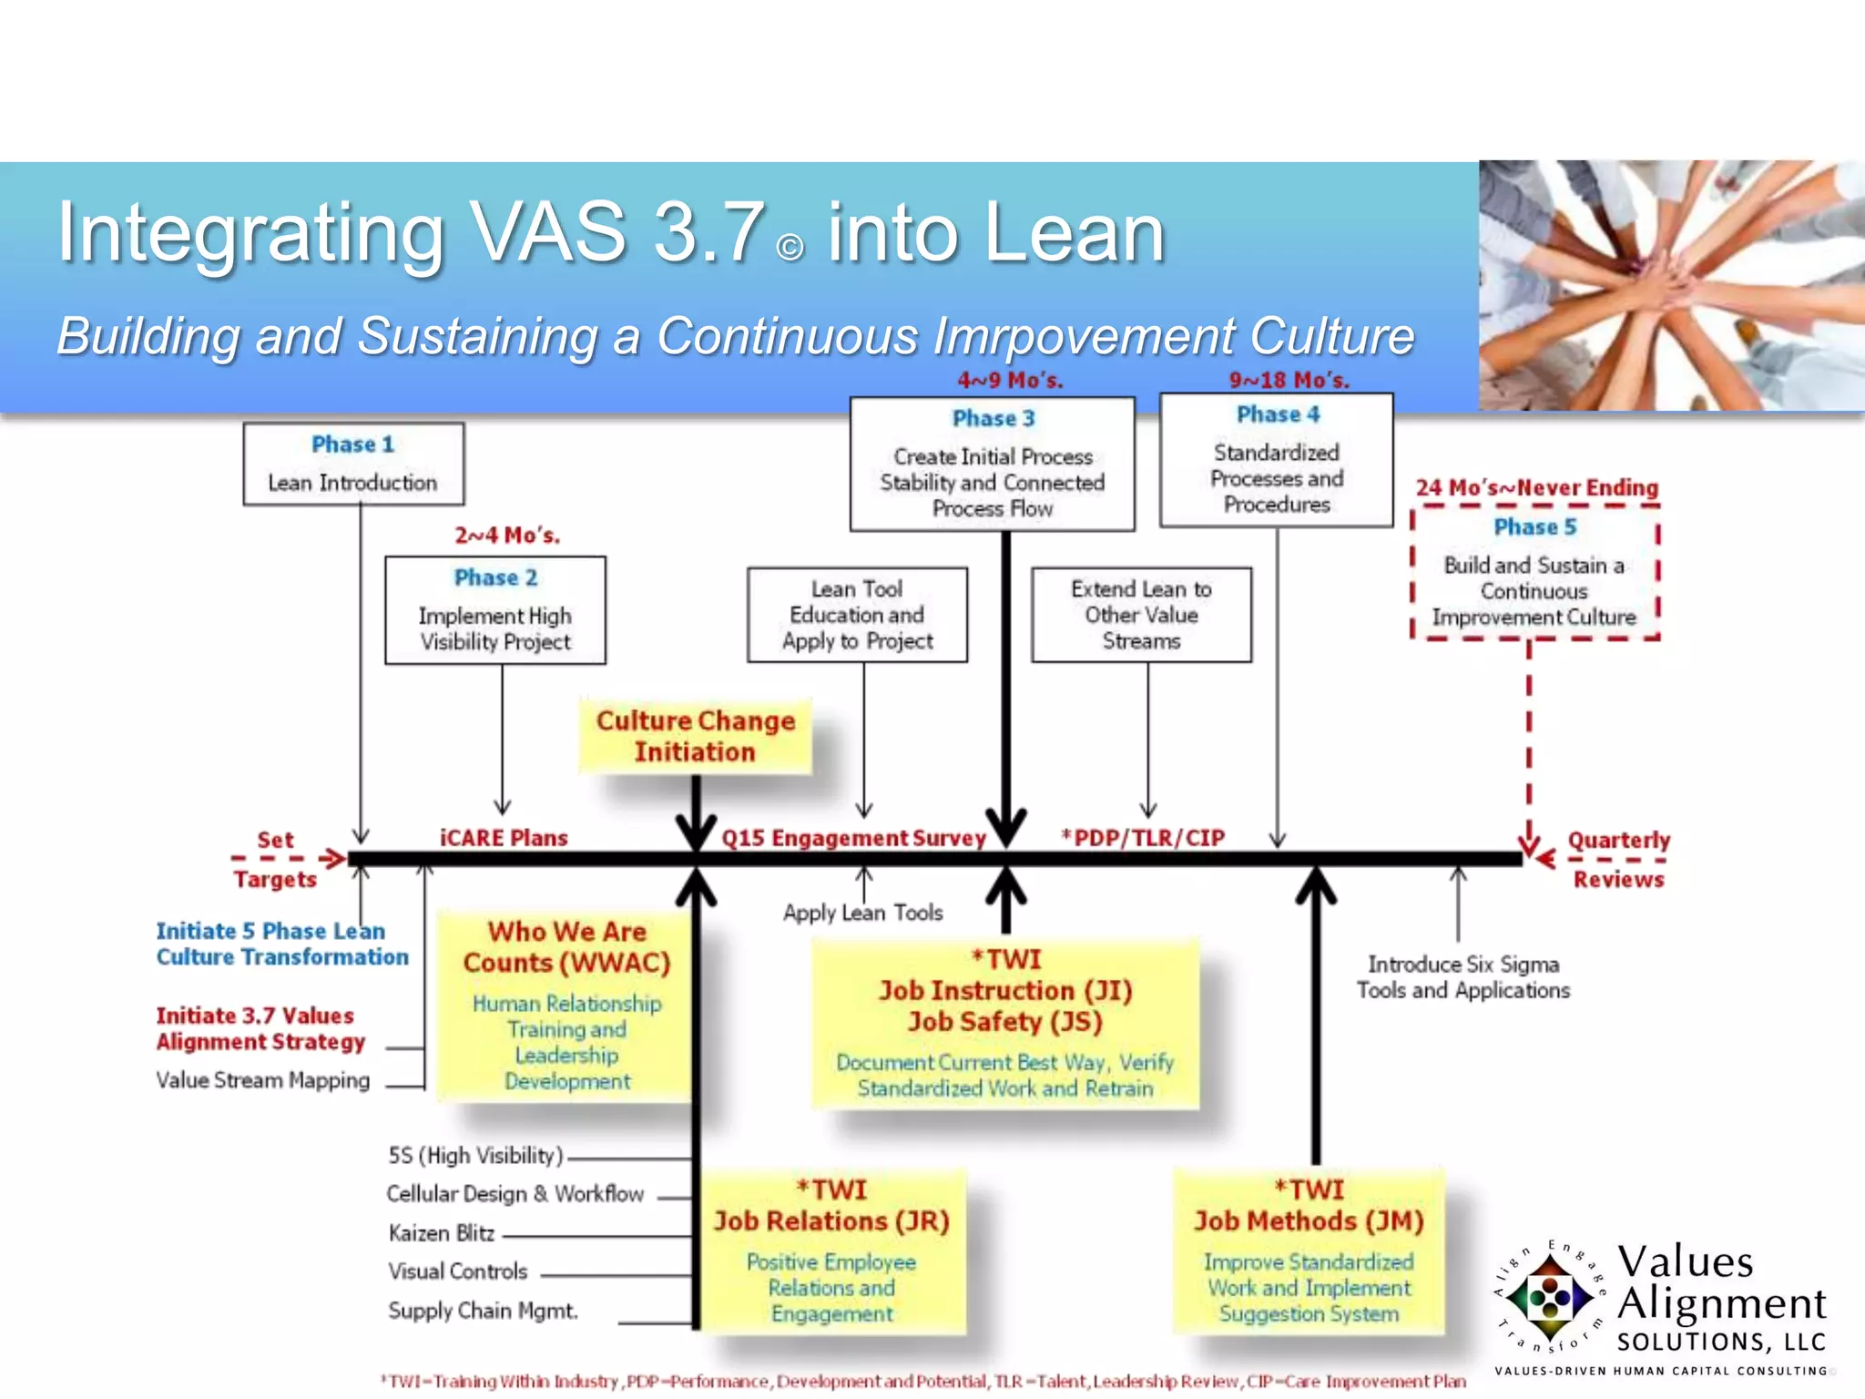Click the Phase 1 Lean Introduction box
pos(353,464)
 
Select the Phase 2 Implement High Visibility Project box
pos(494,610)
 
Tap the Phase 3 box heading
pos(994,418)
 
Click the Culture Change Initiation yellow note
pos(695,736)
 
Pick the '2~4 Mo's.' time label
pos(507,536)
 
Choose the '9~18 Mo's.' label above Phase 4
pos(1289,381)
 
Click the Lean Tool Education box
pos(857,615)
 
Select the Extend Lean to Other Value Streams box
pos(1141,615)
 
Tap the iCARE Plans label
pos(504,838)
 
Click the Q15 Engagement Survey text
pos(853,838)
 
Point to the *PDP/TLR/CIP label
pos(1143,838)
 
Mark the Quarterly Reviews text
pos(1618,859)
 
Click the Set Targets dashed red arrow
pos(290,858)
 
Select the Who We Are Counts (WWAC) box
pos(566,1005)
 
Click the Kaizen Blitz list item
pos(442,1233)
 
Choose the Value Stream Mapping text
pos(262,1080)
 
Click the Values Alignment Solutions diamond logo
pos(1549,1298)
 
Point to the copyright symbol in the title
pos(790,248)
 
